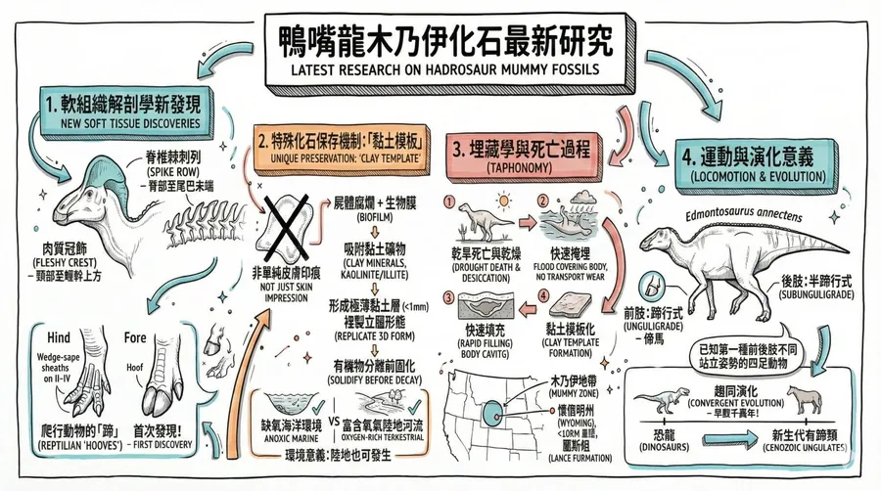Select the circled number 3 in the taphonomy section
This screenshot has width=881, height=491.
click(451, 298)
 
